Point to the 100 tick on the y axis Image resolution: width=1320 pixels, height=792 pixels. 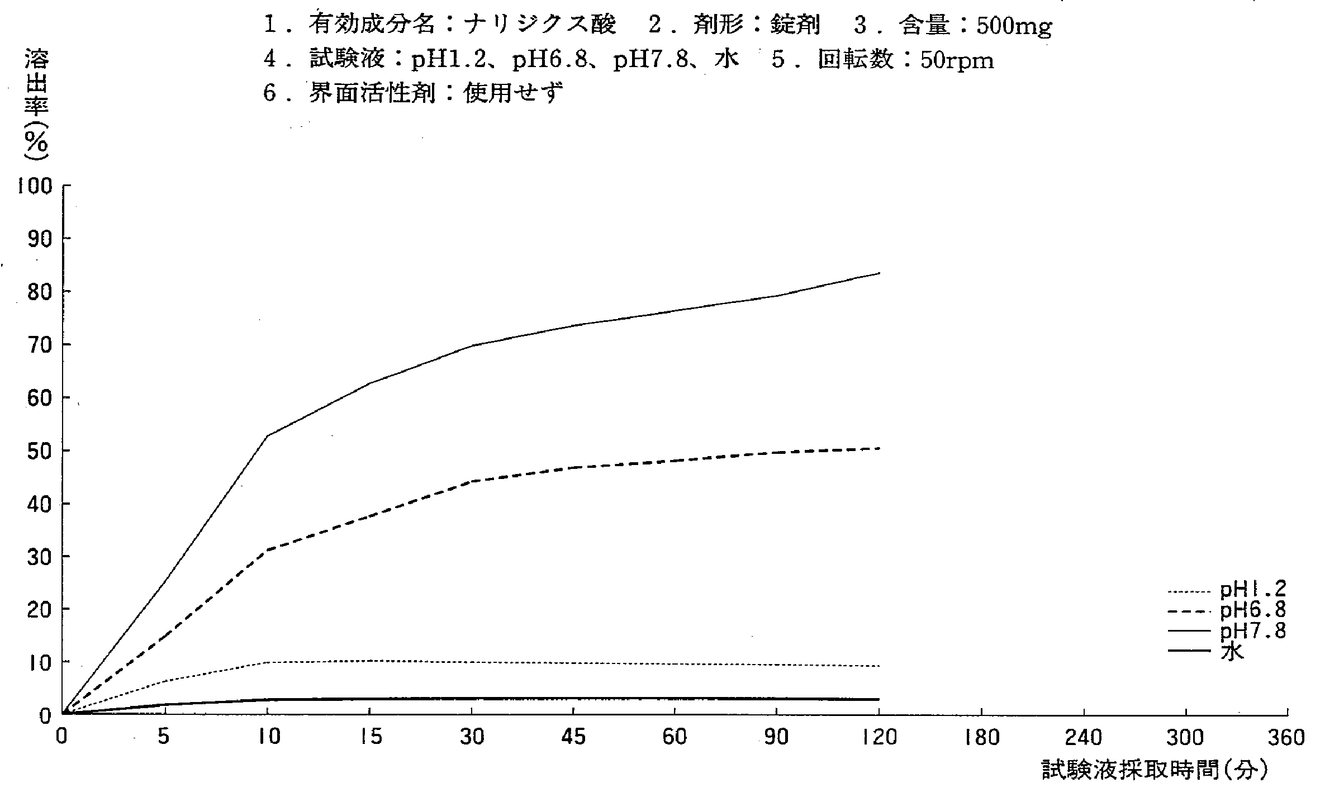35,186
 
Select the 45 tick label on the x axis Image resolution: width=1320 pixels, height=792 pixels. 573,738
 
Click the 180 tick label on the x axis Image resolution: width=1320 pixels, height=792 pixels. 982,738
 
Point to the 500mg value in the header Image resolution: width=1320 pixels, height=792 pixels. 1014,26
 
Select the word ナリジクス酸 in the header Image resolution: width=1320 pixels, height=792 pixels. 540,25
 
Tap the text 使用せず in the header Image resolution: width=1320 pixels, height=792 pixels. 513,93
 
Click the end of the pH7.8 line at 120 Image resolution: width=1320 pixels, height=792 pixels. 880,273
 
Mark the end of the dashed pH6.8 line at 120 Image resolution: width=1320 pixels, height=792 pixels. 880,449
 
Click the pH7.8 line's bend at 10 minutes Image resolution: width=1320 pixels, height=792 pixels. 268,435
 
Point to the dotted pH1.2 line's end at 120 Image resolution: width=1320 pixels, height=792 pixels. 880,666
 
